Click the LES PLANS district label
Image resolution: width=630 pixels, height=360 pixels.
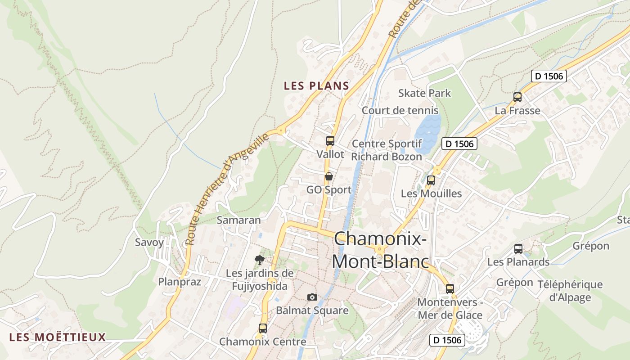316,86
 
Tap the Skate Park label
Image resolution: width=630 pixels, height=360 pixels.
424,93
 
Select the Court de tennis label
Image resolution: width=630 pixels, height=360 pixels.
400,110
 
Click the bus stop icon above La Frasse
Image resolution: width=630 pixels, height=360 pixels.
517,97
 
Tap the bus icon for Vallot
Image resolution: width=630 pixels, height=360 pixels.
330,140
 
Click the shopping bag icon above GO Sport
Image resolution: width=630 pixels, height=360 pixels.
329,176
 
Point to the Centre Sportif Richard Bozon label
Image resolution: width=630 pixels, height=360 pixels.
387,150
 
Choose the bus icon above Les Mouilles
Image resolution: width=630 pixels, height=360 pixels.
431,180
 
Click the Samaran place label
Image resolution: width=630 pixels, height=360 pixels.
238,220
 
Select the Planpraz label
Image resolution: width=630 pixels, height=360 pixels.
179,282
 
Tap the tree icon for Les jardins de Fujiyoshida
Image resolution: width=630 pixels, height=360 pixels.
259,260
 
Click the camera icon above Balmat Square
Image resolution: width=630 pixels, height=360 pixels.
312,297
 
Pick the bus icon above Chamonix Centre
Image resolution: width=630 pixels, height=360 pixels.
263,328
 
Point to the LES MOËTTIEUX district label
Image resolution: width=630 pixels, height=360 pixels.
57,337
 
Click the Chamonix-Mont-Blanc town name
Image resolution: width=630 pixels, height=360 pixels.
380,250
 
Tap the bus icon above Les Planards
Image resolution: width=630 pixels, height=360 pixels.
518,248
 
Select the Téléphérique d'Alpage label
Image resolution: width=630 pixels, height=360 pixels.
570,291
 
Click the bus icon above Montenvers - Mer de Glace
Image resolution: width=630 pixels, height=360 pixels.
450,289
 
